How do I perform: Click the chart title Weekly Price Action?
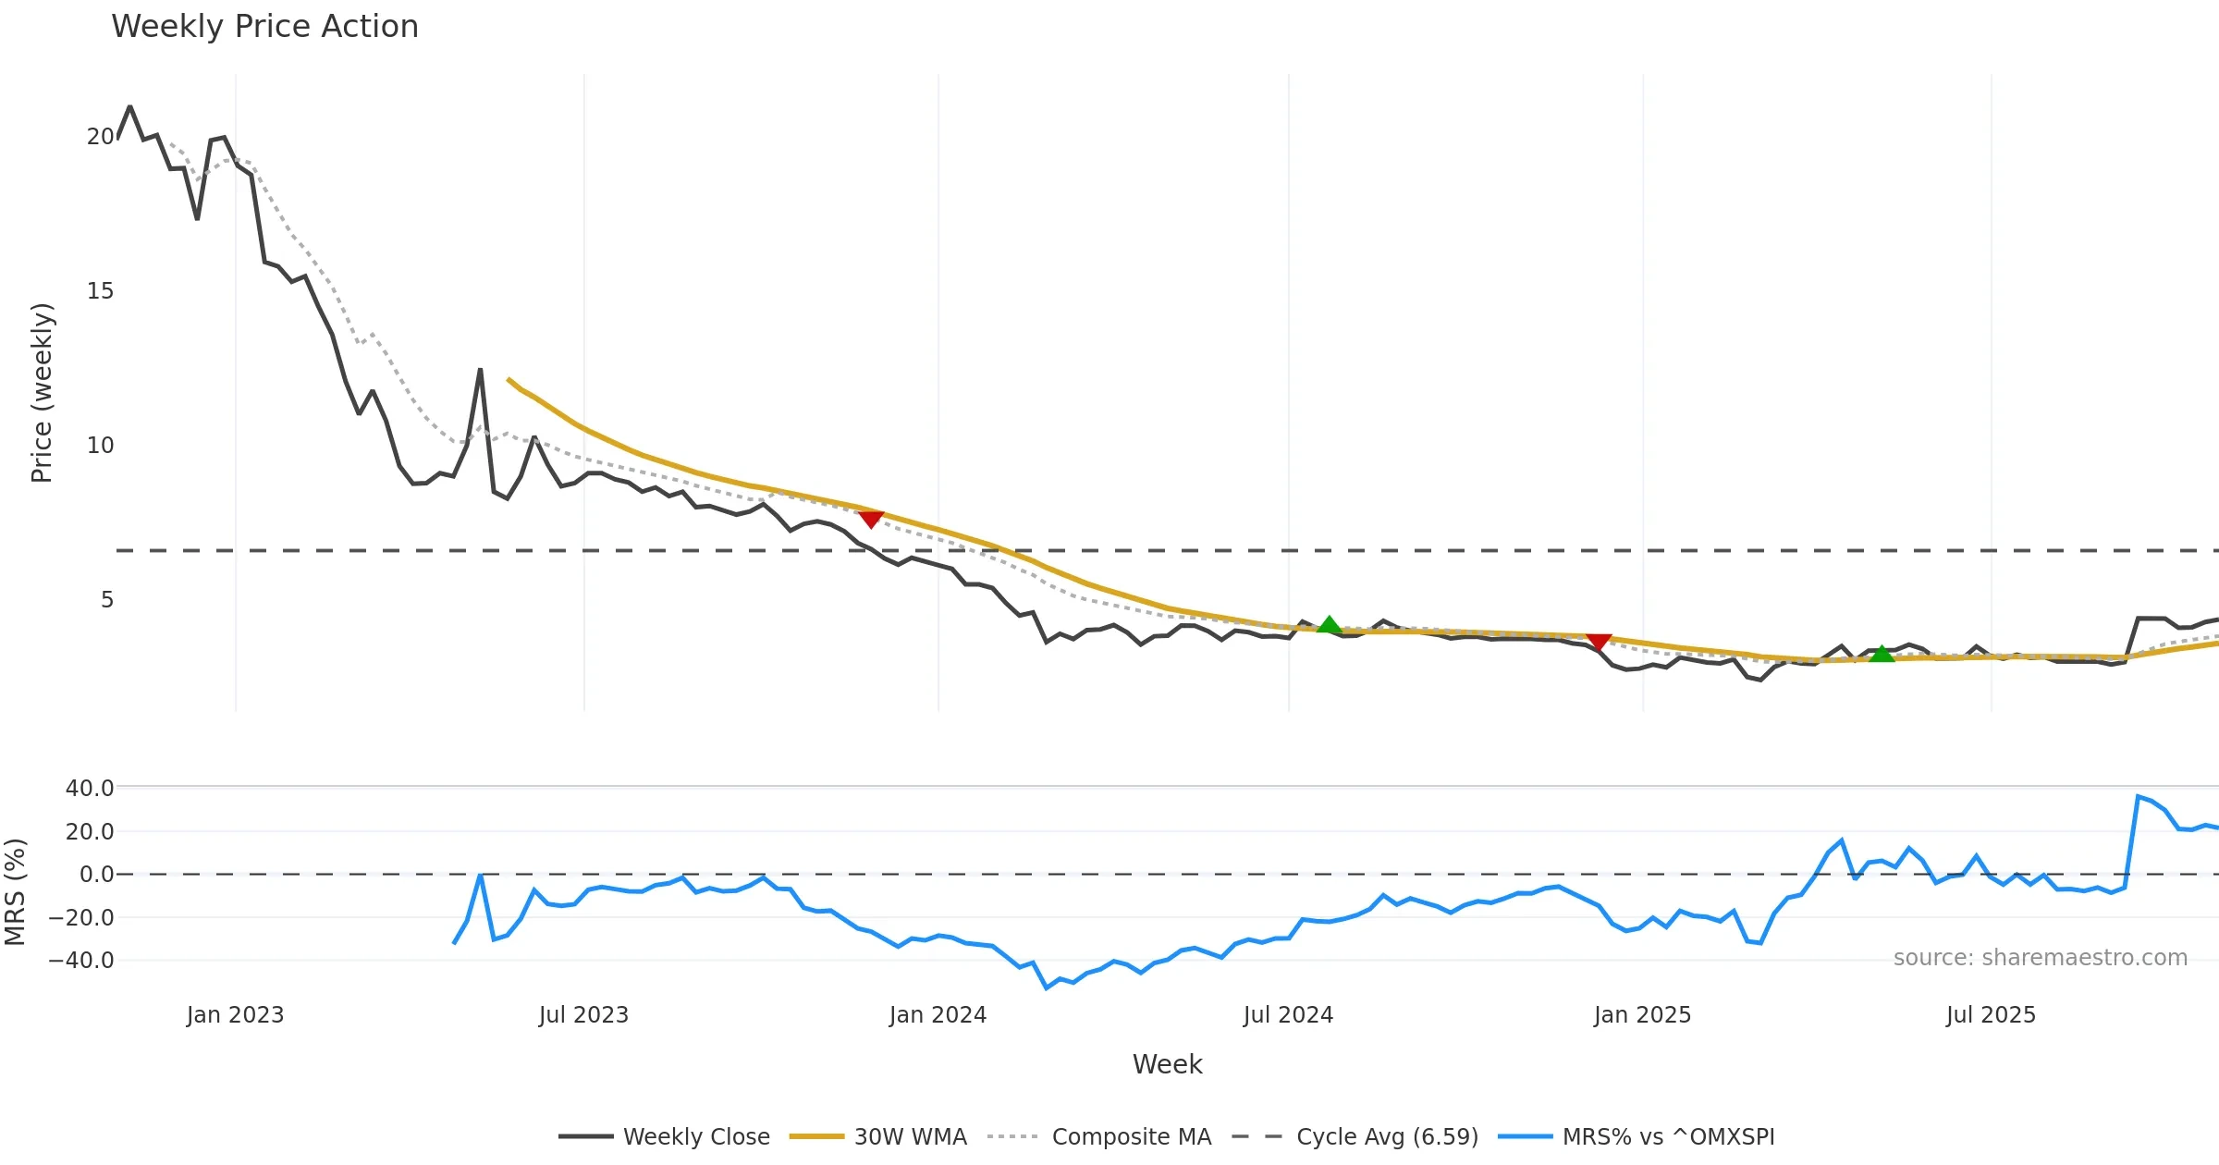[264, 27]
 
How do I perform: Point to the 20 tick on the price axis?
[100, 137]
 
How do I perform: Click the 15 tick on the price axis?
[100, 291]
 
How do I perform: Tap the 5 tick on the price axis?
[107, 600]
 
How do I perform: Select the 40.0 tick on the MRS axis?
[89, 789]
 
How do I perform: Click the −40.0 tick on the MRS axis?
[81, 961]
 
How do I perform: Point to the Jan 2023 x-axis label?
[235, 1015]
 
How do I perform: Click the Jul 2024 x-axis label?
[1288, 1015]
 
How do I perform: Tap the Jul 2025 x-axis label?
[1991, 1015]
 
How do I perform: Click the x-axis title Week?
[1167, 1065]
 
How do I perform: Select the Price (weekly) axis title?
[43, 393]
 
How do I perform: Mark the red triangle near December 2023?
[870, 519]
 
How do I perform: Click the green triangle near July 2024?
[1329, 625]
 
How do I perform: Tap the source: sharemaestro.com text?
[2040, 958]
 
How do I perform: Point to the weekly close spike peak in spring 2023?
[480, 370]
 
